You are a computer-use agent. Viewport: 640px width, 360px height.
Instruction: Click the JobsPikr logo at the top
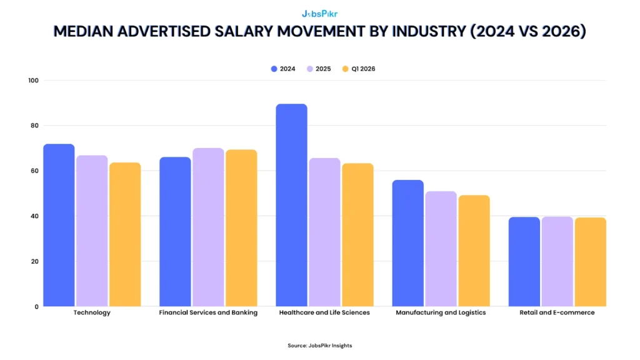click(319, 13)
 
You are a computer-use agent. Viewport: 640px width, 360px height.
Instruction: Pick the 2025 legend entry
click(319, 69)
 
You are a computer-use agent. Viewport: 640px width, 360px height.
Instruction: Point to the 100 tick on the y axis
click(33, 81)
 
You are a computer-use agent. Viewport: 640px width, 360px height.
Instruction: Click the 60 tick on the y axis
click(35, 171)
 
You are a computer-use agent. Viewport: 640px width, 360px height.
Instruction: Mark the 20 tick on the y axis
click(35, 261)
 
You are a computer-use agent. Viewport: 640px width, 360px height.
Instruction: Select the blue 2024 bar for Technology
click(59, 225)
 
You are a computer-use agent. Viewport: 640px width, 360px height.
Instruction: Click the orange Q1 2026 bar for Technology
click(125, 234)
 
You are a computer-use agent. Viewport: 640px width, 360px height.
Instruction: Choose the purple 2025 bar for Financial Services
click(208, 227)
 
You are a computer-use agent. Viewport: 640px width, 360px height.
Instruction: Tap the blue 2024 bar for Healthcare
click(291, 205)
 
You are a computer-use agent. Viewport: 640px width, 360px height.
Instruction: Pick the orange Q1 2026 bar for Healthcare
click(357, 235)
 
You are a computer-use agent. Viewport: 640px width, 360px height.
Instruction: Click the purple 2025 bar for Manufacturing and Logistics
click(441, 249)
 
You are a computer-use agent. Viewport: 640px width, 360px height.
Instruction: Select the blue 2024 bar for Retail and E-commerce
click(524, 262)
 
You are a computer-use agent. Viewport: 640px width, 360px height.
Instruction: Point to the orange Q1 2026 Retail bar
click(590, 262)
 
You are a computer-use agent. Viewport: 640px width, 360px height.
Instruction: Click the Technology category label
click(92, 312)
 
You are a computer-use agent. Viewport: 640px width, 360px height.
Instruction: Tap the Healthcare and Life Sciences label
click(324, 312)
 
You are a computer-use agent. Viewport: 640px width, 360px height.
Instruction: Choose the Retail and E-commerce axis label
click(557, 312)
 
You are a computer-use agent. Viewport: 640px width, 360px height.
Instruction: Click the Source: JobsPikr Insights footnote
click(319, 346)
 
